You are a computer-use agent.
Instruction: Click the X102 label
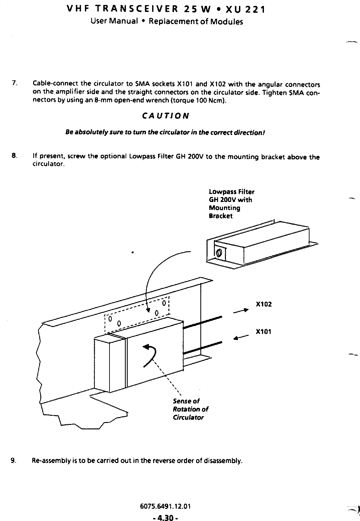coord(264,304)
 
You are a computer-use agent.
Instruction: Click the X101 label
coord(264,331)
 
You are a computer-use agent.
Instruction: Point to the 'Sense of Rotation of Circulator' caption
coord(190,409)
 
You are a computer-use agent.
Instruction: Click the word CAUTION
coord(165,116)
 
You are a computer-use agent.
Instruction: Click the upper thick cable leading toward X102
coord(203,322)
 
